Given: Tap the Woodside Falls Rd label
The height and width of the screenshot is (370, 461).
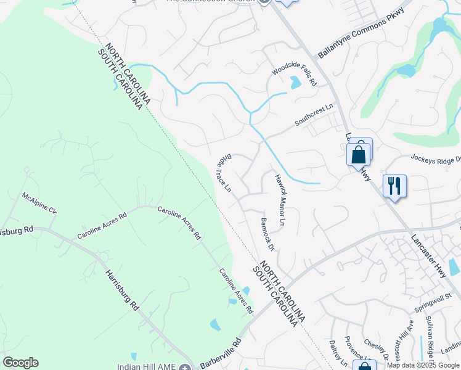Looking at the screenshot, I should point(295,73).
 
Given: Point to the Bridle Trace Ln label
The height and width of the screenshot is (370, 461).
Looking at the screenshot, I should point(224,173).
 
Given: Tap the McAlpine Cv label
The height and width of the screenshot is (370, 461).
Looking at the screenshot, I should point(39,203).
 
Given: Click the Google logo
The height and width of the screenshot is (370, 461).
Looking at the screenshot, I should point(20,362).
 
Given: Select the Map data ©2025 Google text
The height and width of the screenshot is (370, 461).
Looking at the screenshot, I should point(423,365).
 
